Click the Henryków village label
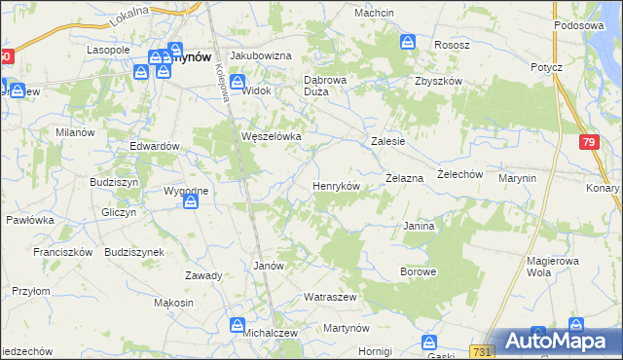click(336, 185)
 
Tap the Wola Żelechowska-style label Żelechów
click(460, 174)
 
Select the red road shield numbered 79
click(587, 143)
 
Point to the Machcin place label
click(374, 13)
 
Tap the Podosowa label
click(586, 26)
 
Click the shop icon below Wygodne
click(191, 201)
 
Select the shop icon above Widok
click(238, 75)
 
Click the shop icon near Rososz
click(408, 42)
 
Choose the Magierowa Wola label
click(552, 266)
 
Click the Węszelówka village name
click(272, 136)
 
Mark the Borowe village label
click(418, 272)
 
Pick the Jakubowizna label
click(260, 55)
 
